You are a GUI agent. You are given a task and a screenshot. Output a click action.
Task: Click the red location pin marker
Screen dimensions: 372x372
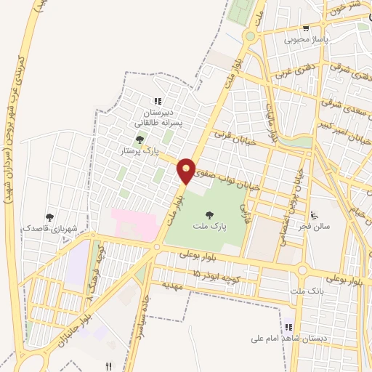(187, 170)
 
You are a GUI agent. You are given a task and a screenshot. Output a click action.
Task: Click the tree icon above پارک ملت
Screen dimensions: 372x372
(210, 214)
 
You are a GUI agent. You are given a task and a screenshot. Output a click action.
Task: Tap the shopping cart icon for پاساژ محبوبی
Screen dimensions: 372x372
(306, 28)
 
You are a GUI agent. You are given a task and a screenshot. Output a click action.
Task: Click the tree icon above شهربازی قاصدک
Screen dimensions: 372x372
(49, 217)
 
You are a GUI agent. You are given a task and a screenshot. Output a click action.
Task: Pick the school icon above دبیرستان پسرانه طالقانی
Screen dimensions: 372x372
(158, 102)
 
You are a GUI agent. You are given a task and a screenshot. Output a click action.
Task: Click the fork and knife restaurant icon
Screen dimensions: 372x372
(109, 365)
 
